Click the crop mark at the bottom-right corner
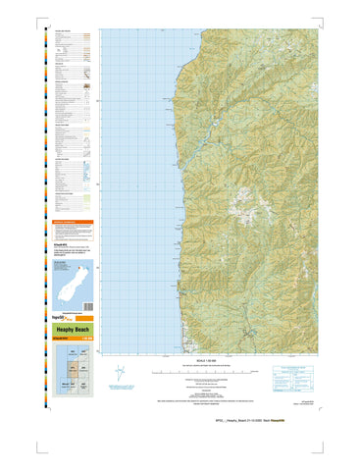pos(339,418)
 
